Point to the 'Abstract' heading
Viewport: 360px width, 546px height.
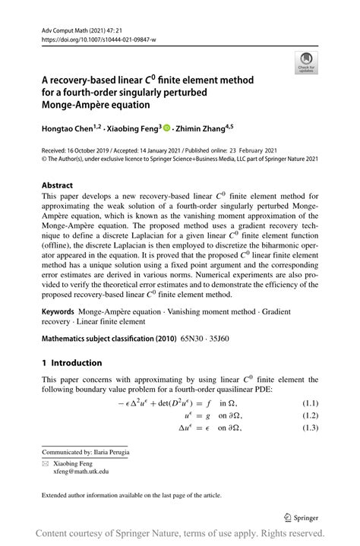coord(57,185)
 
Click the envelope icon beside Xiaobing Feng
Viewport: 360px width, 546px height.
coord(46,462)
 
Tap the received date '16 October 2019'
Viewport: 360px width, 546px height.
coord(96,150)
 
